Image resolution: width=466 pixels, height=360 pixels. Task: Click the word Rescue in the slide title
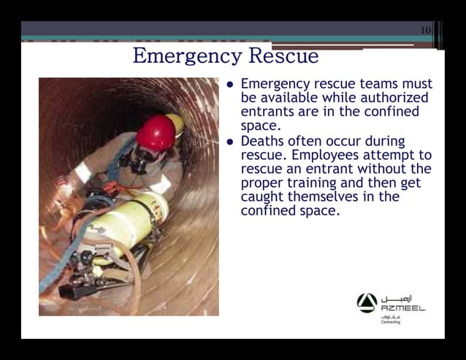(284, 56)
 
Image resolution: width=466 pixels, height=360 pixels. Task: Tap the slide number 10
(426, 30)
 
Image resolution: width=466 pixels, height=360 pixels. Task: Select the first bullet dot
(230, 84)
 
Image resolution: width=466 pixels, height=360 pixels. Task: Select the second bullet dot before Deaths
(230, 142)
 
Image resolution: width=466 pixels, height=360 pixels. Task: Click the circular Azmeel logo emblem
(367, 302)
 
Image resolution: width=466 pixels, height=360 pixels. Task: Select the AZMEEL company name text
(402, 308)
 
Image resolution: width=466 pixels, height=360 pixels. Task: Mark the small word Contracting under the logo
(391, 322)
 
